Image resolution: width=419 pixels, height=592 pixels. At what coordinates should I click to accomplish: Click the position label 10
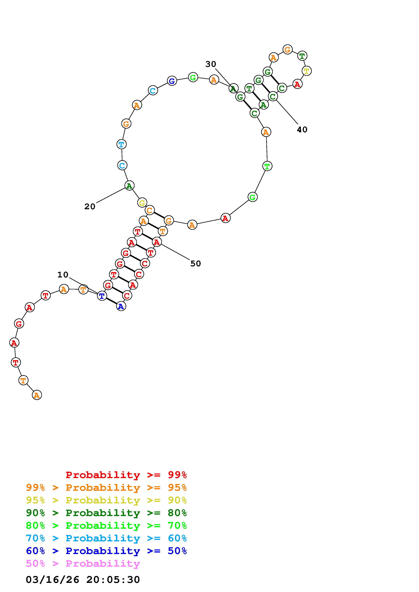coord(63,275)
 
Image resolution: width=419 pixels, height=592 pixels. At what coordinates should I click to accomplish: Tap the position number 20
coord(90,207)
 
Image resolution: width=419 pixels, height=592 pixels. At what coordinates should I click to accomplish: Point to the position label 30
coord(211,64)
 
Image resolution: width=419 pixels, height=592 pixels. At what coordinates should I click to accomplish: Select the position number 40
coord(302,130)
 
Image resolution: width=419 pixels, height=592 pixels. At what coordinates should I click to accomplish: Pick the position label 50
coord(195,263)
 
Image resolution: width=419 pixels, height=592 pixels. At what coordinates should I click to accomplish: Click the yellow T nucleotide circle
coord(306,71)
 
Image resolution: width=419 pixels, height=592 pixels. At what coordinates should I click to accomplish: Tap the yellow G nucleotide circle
coord(142,203)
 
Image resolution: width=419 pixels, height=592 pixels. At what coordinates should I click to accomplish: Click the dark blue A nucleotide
coord(121,306)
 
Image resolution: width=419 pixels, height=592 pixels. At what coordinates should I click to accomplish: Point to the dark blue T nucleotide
coord(102,296)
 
